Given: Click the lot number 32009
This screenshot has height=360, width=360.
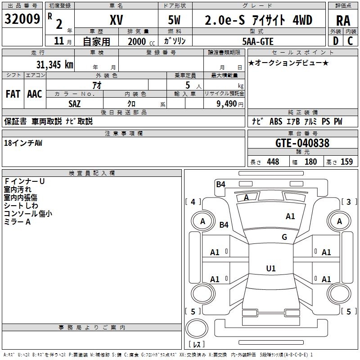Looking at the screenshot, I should point(22,19).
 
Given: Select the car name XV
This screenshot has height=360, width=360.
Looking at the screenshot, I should point(116,20).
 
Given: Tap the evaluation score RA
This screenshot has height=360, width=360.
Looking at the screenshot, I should point(343,20).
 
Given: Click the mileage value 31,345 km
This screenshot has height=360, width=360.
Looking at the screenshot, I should point(54,65).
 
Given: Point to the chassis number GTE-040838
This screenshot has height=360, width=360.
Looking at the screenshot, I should point(302,144).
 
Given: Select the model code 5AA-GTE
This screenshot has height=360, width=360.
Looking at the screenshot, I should point(258,41).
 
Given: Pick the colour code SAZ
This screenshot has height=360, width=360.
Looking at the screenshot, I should point(75,103).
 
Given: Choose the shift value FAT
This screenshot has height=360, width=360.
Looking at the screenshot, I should point(13,94).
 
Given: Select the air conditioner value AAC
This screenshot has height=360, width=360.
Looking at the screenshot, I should point(35,94).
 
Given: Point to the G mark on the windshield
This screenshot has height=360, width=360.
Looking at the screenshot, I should point(284,237).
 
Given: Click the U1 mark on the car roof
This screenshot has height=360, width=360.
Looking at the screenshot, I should point(270,269).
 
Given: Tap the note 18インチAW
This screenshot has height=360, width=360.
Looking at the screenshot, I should point(23,143).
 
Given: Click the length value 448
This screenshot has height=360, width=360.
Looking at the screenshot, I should point(273,162).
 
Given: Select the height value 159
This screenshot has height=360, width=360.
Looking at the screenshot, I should point(346,162).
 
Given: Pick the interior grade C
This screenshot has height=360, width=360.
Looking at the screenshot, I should point(350,41).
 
